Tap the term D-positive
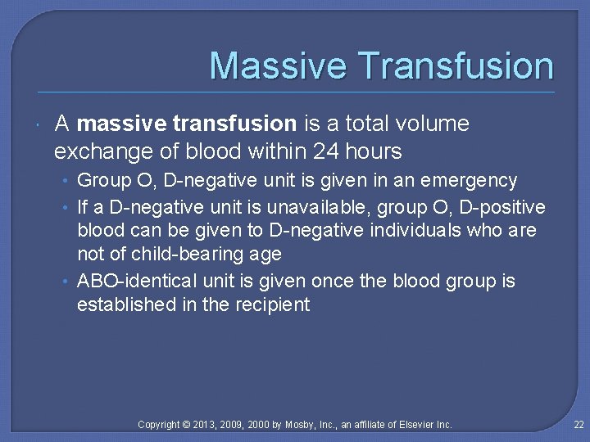[x=505, y=205]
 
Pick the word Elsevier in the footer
[x=415, y=424]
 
